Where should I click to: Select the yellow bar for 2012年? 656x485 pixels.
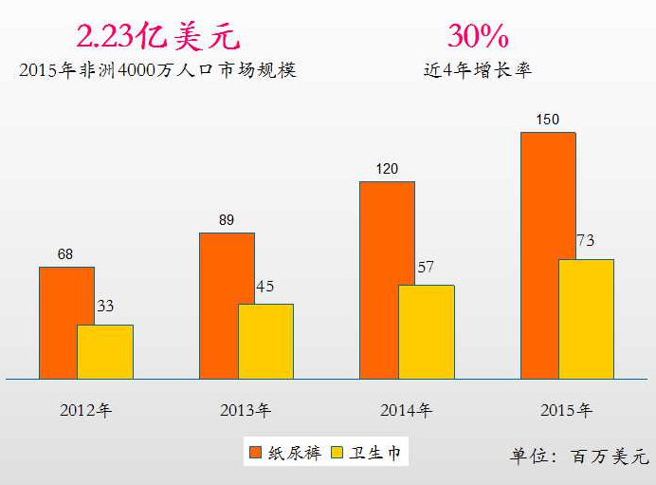click(105, 352)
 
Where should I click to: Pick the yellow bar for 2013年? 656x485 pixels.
click(266, 342)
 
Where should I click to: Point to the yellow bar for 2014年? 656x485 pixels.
click(427, 332)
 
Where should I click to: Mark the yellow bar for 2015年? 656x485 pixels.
click(587, 319)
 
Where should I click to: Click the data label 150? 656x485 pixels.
click(547, 120)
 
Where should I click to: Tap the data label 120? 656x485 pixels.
click(386, 169)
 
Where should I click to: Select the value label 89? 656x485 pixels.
click(226, 220)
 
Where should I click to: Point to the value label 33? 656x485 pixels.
click(106, 307)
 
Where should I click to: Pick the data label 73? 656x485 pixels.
click(586, 241)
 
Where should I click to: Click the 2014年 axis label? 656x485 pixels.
click(406, 411)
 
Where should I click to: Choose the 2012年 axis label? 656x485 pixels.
click(85, 411)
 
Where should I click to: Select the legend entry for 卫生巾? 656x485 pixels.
click(365, 453)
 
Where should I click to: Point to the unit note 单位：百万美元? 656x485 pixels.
click(579, 457)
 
